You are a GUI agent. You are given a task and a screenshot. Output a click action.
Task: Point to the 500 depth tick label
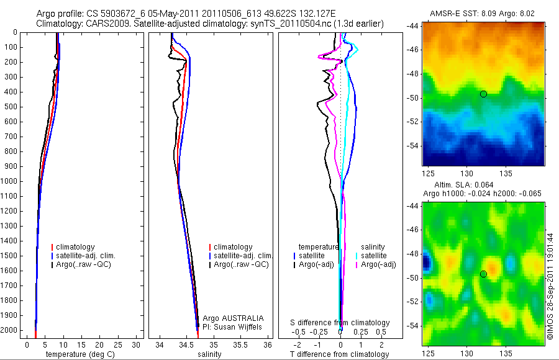[9, 107]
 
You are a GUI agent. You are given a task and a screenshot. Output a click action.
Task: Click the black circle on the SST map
[483, 94]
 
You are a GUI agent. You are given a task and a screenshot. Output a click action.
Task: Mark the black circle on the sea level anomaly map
[483, 274]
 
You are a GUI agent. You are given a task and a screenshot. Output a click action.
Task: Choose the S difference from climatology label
[340, 323]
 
